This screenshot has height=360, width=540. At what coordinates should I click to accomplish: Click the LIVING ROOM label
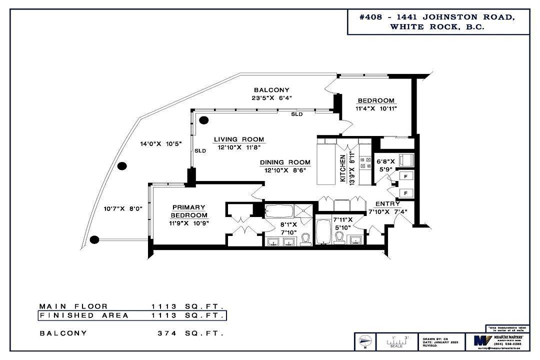(x=239, y=139)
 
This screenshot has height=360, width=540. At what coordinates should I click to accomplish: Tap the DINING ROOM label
(x=285, y=162)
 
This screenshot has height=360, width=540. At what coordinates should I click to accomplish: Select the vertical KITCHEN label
(x=343, y=169)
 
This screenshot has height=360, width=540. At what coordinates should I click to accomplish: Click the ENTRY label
(x=387, y=203)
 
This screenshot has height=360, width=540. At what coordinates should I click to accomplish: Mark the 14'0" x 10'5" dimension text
(x=160, y=143)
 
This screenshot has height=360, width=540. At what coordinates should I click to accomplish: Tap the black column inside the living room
(x=204, y=120)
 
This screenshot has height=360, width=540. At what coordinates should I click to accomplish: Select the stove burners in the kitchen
(x=365, y=162)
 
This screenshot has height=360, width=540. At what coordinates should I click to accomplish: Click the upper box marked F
(x=405, y=176)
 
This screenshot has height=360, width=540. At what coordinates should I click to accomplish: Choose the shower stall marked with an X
(x=302, y=210)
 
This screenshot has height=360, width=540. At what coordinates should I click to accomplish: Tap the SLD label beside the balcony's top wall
(x=297, y=114)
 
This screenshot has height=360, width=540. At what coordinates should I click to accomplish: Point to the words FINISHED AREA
(x=84, y=315)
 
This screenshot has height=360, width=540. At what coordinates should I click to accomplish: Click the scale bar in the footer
(x=396, y=341)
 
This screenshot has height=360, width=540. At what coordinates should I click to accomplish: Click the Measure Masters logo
(x=482, y=341)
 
